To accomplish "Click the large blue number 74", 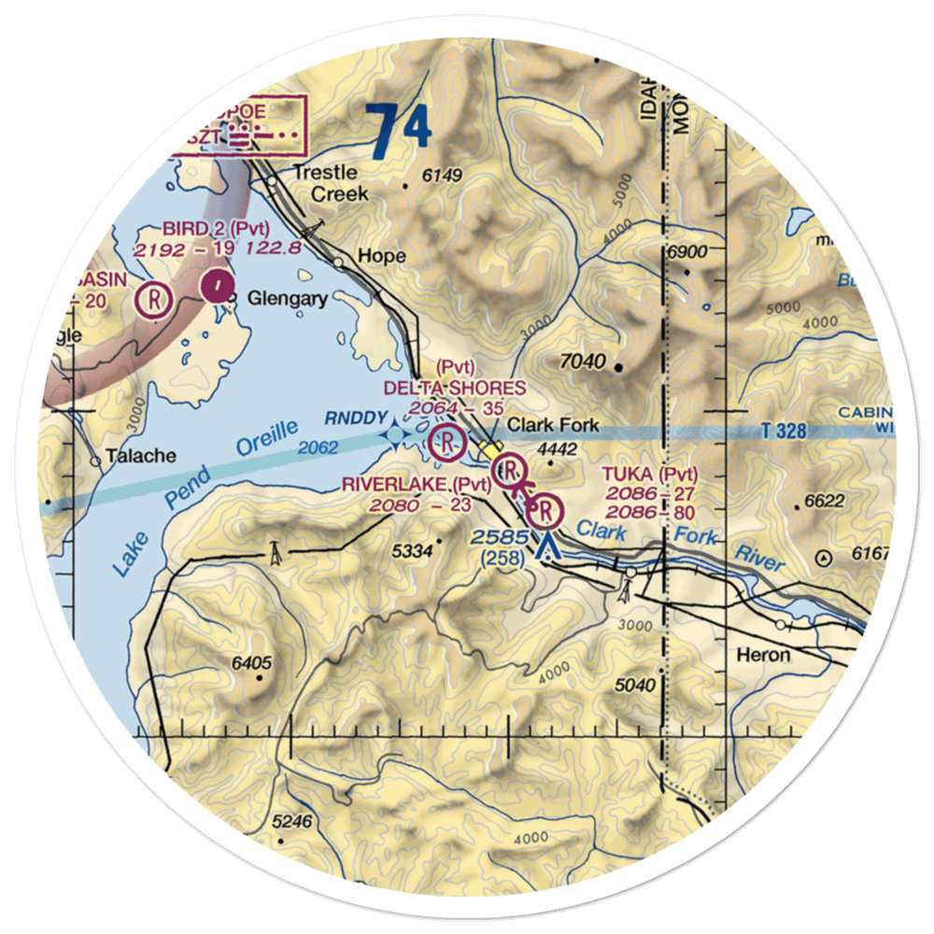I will pos(399,131).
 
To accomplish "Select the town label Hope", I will pos(382,256).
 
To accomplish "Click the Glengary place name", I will pos(287,300).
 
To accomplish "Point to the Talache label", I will pos(140,456).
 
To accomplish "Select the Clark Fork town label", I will pos(552,425).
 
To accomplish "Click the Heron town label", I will pos(763,655).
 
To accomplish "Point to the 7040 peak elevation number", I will pos(585,362).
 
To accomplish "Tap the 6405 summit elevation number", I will pos(251,664).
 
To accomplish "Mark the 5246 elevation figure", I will pos(290,823).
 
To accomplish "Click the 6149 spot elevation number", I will pos(442,175).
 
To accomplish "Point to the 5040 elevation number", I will pos(636,686).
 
